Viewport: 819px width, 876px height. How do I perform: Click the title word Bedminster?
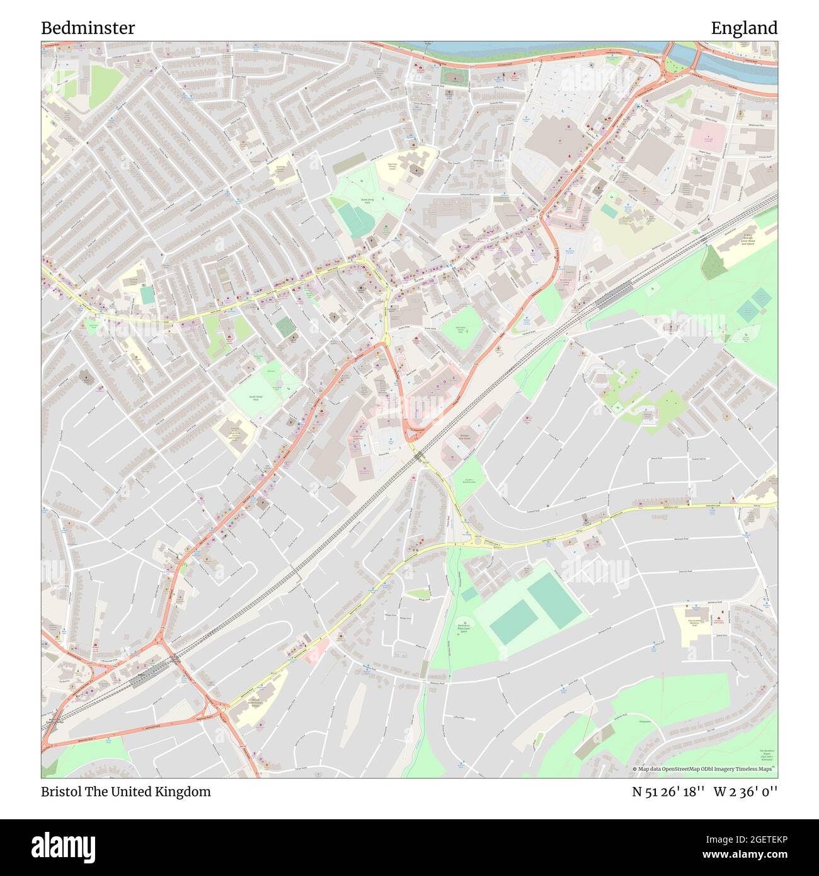click(88, 28)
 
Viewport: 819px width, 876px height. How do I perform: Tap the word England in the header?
click(743, 28)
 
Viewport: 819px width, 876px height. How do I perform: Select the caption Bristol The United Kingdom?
click(126, 792)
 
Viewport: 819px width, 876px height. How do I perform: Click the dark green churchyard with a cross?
click(285, 326)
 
